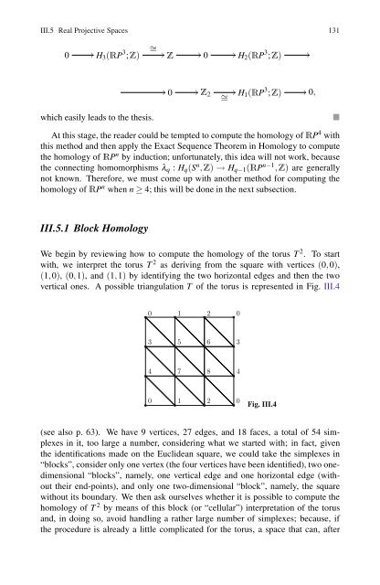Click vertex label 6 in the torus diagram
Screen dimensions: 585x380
pyautogui.click(x=210, y=343)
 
